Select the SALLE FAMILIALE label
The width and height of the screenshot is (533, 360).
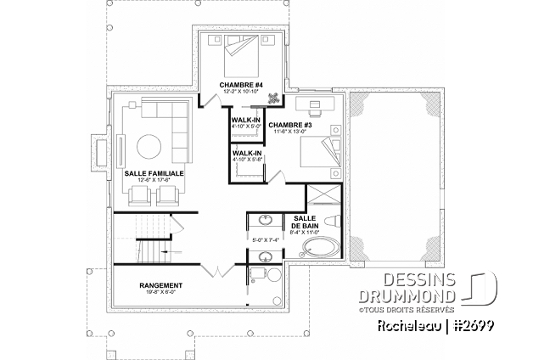point(154,172)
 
